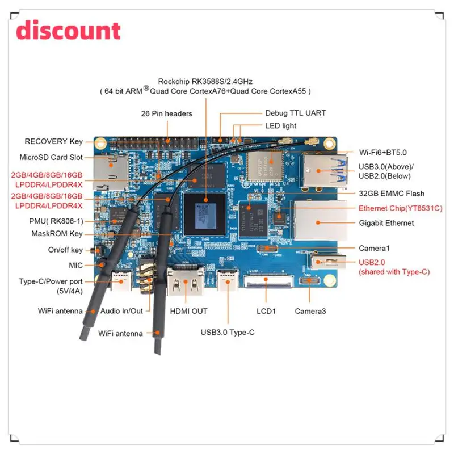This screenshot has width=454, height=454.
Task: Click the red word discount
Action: (x=68, y=31)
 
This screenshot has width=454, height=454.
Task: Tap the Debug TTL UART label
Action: (x=295, y=113)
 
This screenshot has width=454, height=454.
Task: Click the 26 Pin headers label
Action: (x=167, y=113)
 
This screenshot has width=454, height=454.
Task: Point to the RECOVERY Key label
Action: (x=53, y=141)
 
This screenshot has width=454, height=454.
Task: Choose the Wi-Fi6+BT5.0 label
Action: (x=382, y=152)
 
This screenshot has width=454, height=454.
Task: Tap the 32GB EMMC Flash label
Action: (x=392, y=194)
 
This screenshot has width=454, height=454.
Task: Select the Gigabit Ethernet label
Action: (x=386, y=223)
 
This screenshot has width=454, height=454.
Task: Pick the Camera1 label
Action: (x=374, y=248)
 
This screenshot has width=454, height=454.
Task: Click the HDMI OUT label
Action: (x=189, y=311)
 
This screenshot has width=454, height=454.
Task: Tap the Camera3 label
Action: (x=310, y=311)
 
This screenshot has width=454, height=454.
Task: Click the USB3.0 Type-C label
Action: (x=228, y=333)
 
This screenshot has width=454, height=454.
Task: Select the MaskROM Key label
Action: (x=57, y=233)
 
